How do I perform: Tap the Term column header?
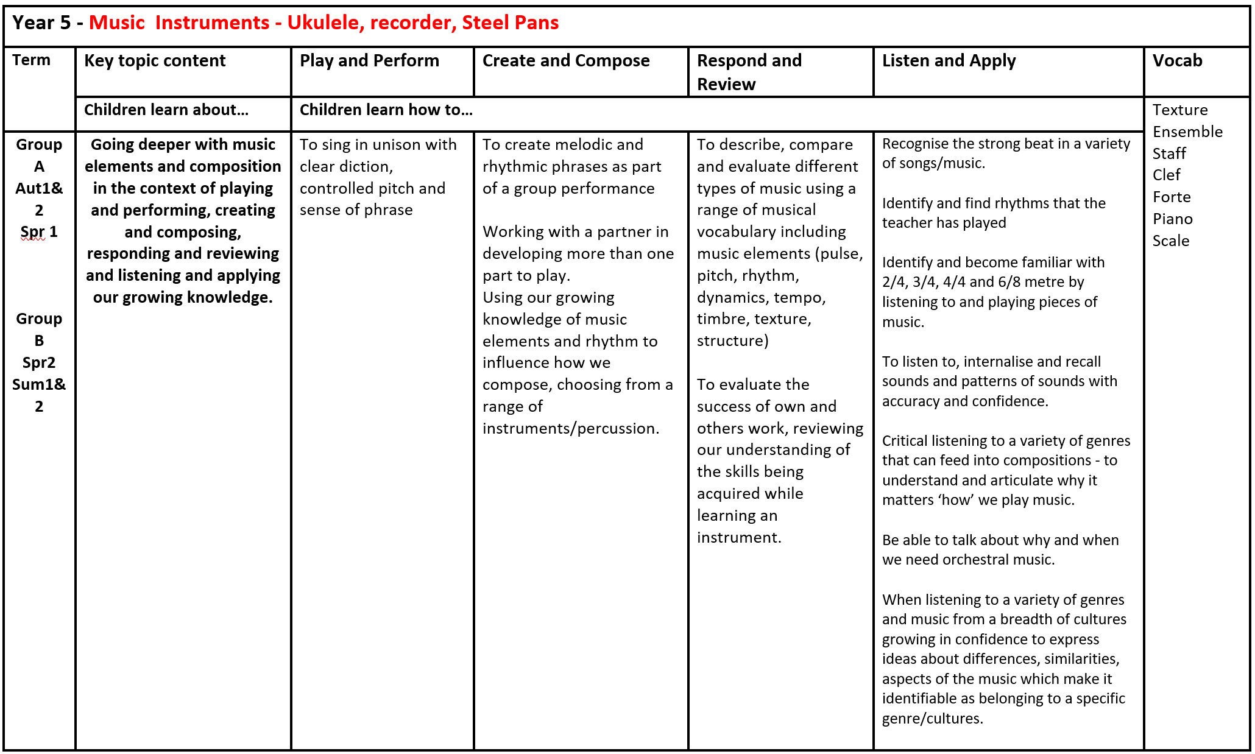point(31,60)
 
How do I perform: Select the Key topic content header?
point(155,61)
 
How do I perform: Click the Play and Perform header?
point(369,61)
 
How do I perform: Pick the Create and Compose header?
point(566,61)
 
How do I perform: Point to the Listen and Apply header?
point(949,61)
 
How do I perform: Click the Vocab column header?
point(1177,61)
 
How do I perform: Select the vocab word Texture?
point(1180,110)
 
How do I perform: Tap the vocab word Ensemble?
point(1187,132)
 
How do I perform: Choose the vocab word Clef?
point(1166,175)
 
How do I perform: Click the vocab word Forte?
point(1172,197)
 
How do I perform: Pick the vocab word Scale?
point(1170,241)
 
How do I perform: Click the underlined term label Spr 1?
point(38,232)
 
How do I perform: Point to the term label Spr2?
point(38,363)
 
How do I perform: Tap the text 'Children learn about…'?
point(166,110)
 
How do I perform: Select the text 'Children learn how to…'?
point(386,110)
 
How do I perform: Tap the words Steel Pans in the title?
point(510,23)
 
